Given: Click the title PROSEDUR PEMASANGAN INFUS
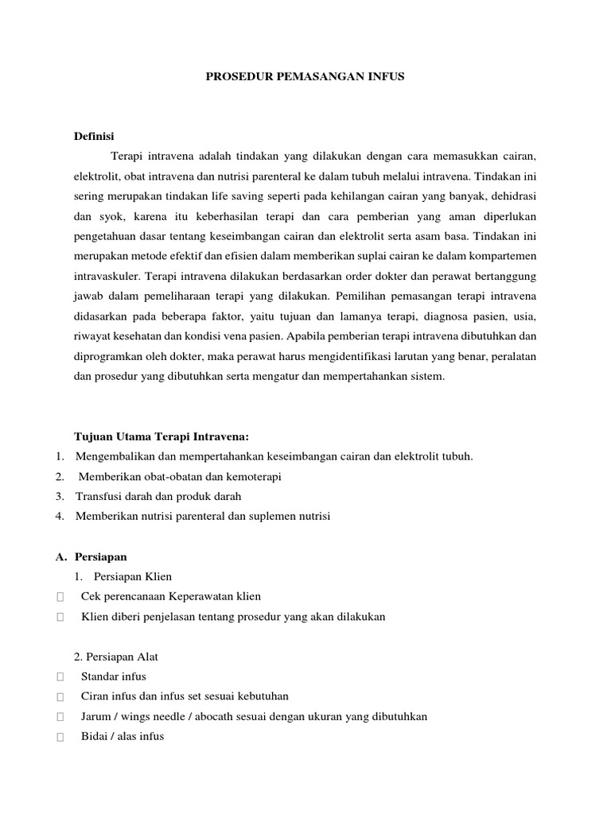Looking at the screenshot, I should (x=305, y=77).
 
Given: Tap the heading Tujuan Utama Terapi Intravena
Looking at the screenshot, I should (x=162, y=436).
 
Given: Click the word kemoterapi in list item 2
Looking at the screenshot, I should (x=254, y=477).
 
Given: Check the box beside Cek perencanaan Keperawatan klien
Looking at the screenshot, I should (x=60, y=597).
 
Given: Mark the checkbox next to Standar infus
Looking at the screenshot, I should (x=60, y=677).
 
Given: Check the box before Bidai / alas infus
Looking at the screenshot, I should (x=60, y=737).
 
